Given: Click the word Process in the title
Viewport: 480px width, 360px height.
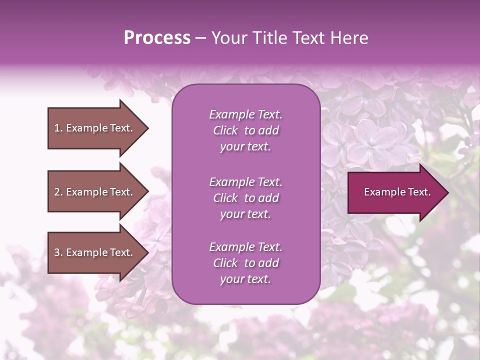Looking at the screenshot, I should coord(157,38).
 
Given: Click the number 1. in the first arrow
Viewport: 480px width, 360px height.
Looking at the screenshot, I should coord(58,128).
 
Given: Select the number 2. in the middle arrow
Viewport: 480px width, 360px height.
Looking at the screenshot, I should coord(58,192).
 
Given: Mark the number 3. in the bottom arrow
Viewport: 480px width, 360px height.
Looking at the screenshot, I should coord(58,252).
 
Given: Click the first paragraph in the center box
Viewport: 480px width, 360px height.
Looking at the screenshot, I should coord(245,130).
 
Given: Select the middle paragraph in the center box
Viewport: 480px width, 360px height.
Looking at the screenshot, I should coord(245,198).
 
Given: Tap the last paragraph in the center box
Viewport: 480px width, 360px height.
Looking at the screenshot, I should coord(245,263).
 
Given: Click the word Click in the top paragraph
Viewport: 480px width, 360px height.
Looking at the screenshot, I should coord(225,130).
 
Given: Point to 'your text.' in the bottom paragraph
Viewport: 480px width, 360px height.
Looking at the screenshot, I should coord(245,279).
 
